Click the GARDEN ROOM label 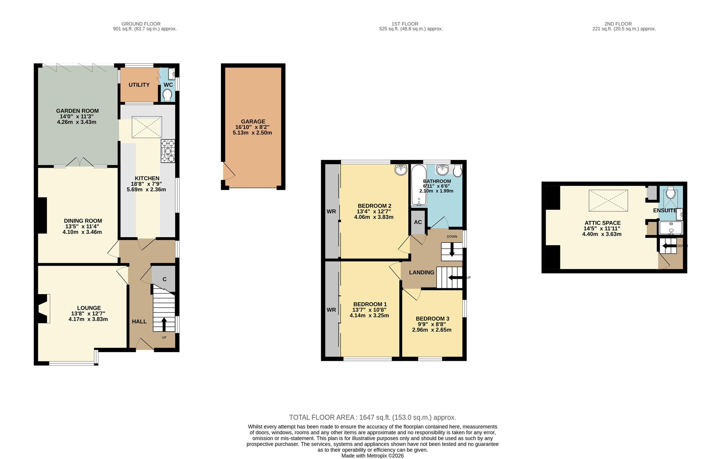pos(77,111)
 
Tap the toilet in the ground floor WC pos(167,95)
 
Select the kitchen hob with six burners pos(168,151)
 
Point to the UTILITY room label pos(139,85)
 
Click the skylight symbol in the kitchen pos(147,127)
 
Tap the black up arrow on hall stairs pos(164,324)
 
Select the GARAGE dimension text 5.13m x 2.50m pos(252,133)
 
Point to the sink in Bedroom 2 pos(401,170)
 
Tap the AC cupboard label pos(418,222)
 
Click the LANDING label pos(422,272)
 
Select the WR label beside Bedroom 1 pos(331,310)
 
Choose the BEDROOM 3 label pos(432,319)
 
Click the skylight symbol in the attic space pos(608,200)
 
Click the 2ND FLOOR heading pos(618,24)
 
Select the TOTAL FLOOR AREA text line pos(373,417)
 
